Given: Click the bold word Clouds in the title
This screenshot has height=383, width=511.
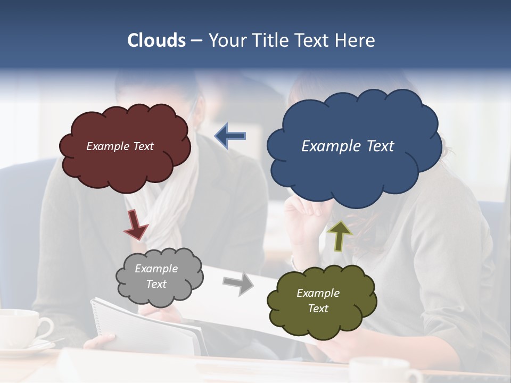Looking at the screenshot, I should click(156, 40).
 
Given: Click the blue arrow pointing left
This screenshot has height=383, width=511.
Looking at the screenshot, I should click(230, 136).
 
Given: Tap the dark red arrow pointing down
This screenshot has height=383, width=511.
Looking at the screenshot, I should click(136, 224).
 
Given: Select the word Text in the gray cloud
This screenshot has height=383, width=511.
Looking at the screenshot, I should click(156, 284).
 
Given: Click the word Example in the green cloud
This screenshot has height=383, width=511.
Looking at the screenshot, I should click(318, 293).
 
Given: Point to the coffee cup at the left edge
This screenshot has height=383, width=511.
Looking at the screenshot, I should click(21, 327).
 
